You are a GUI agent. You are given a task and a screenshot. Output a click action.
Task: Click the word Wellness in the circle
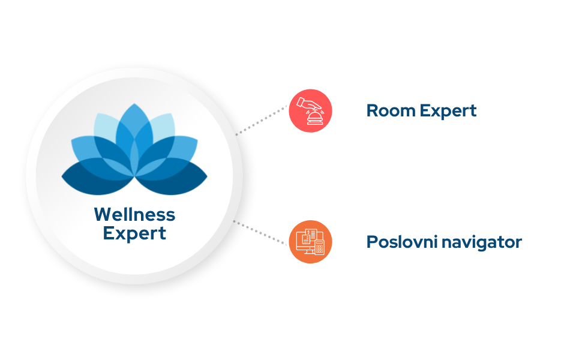coord(134,214)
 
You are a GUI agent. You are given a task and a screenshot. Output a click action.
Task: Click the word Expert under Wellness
coord(134,233)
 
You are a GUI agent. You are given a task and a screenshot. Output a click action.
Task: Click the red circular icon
coord(310,110)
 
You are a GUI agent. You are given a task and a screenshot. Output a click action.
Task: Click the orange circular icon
coord(310,242)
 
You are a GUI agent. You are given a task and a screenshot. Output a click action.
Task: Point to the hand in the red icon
coord(307,104)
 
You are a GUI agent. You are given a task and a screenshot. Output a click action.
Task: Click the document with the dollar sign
coord(307,238)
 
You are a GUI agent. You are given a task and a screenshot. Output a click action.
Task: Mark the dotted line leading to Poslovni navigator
coord(260,232)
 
